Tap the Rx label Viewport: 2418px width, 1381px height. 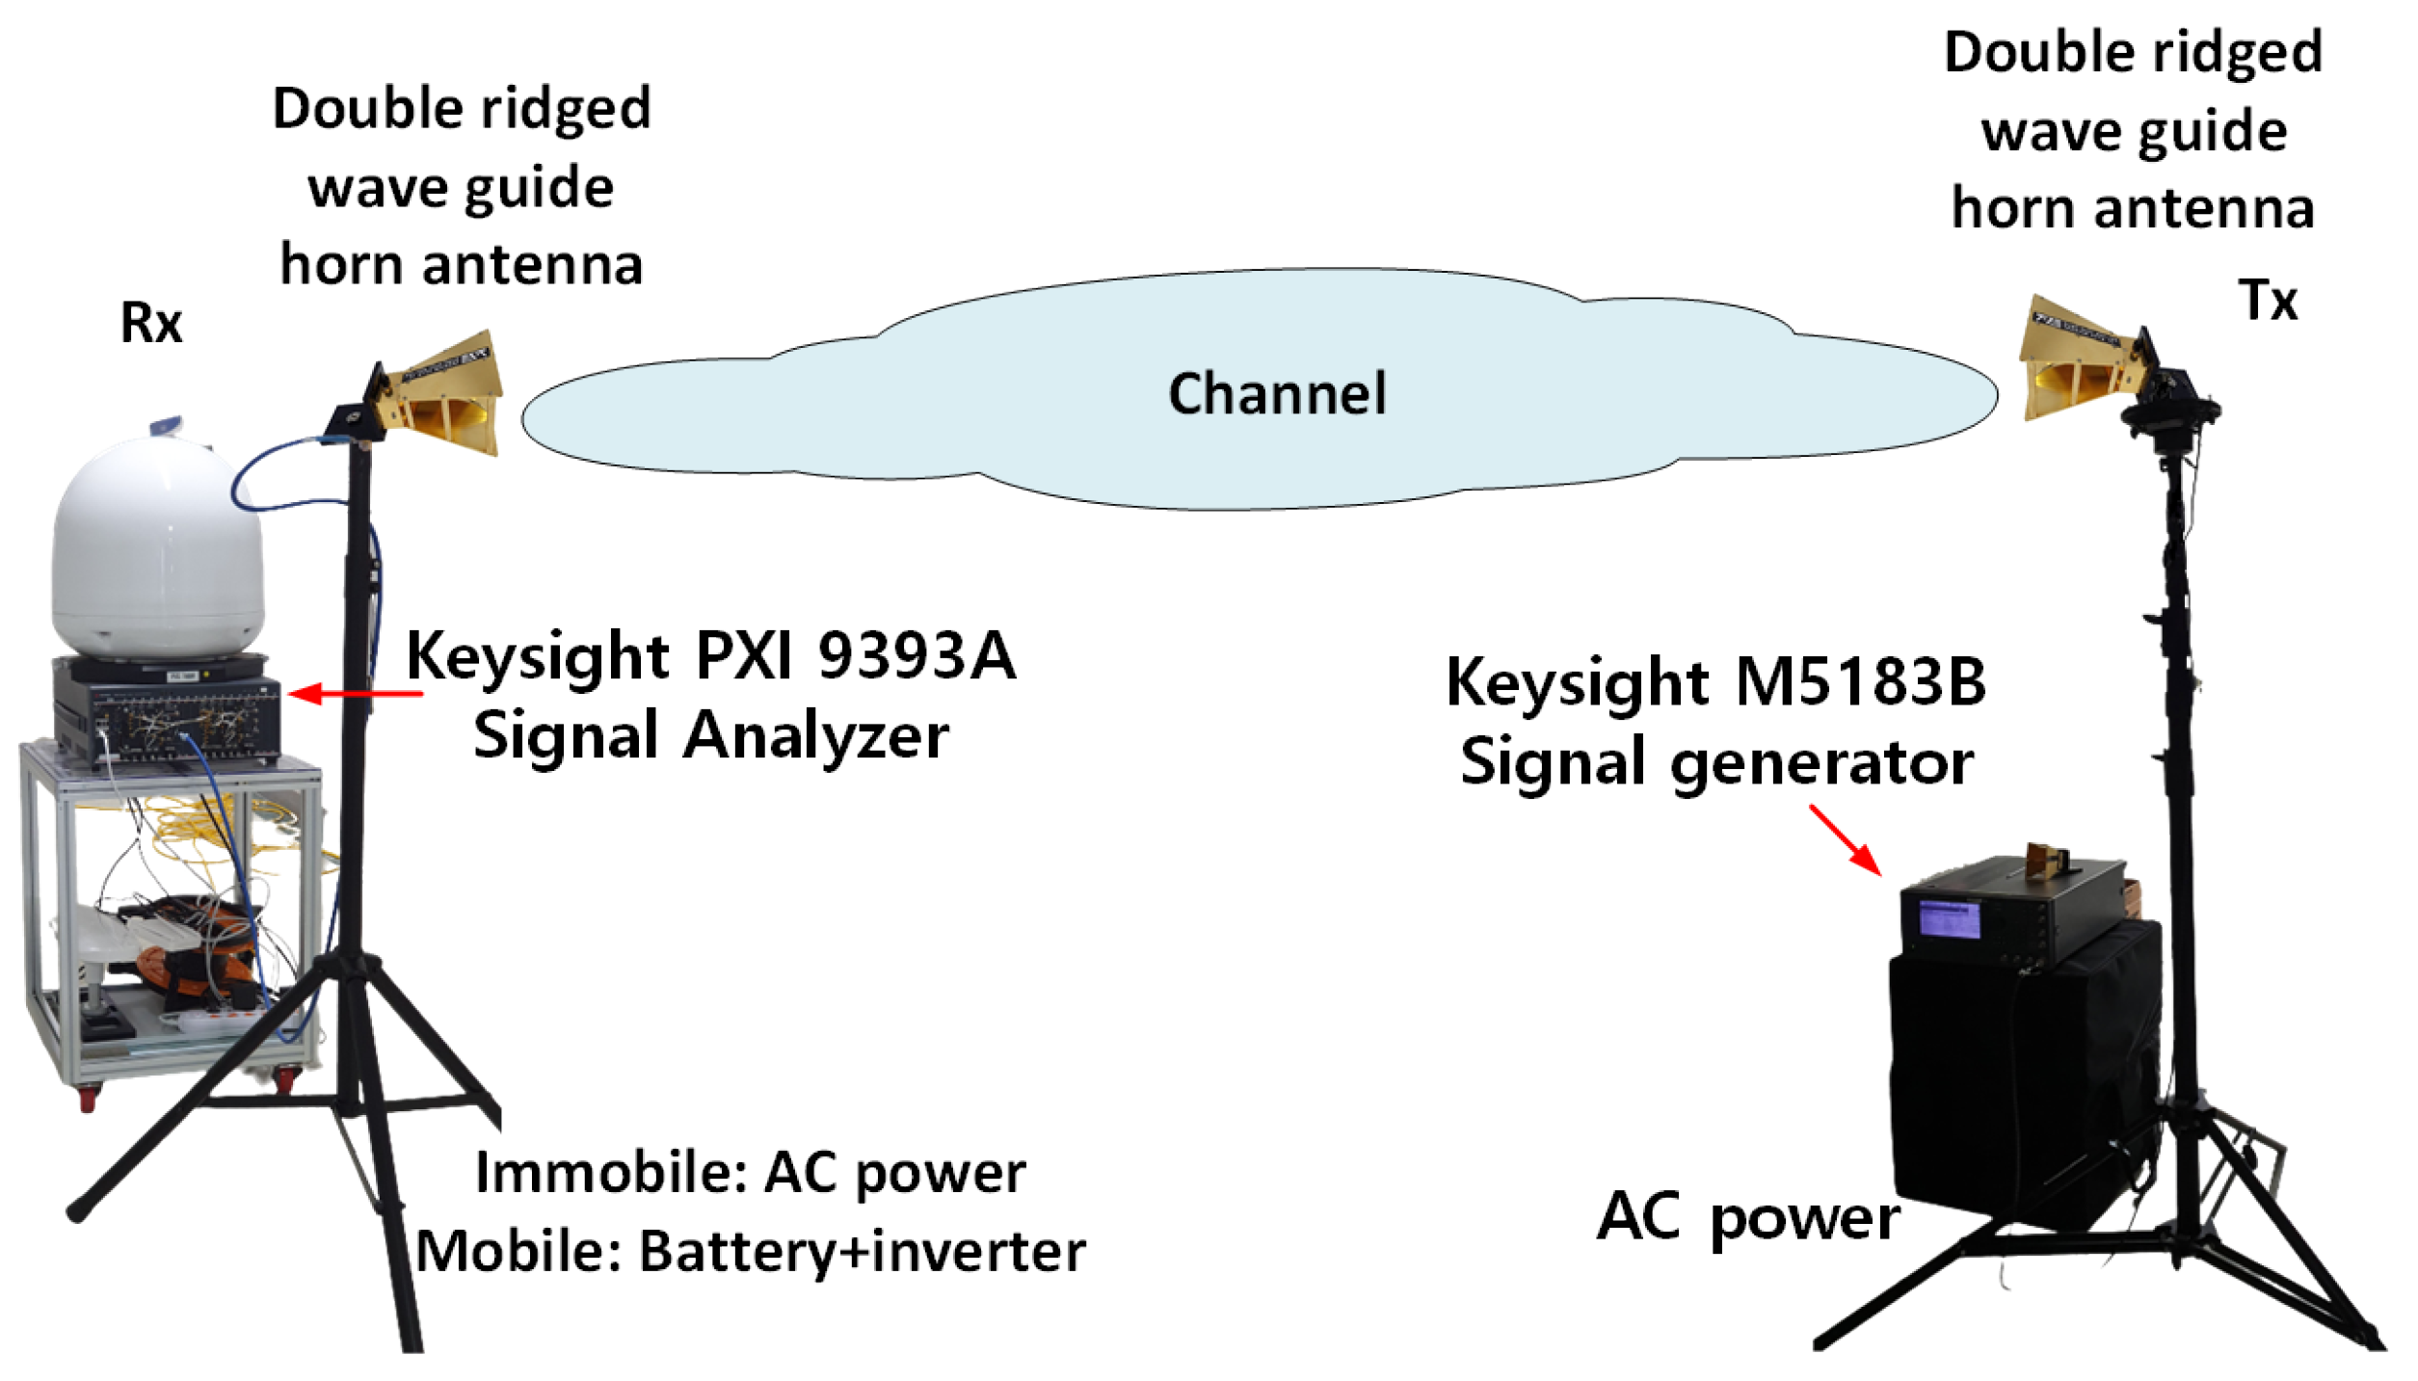(x=150, y=323)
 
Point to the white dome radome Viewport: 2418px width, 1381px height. (x=157, y=549)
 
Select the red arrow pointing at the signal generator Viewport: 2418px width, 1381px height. (x=1845, y=840)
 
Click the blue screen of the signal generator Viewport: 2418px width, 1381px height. (x=1949, y=918)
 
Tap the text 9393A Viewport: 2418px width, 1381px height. (x=917, y=656)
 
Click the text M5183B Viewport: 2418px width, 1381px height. (x=1860, y=681)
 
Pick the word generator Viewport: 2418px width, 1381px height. (x=1821, y=763)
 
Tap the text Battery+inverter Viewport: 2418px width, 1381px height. (x=862, y=1252)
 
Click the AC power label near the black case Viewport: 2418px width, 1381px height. (x=1747, y=1217)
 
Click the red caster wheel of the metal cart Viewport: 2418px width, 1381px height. (x=88, y=1097)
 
